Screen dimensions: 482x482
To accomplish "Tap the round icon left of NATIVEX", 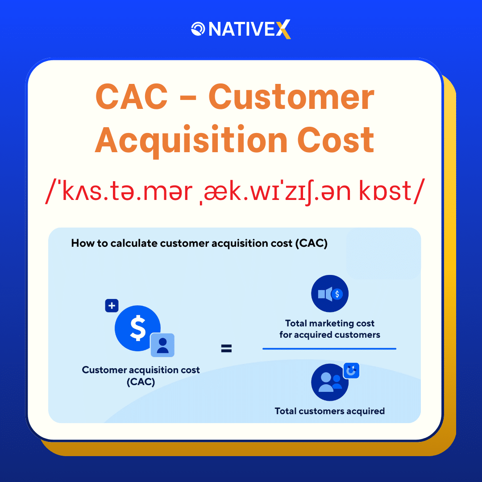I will click(198, 29).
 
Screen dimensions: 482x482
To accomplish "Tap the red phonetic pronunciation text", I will click(233, 191).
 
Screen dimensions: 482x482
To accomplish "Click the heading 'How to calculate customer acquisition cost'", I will click(199, 244).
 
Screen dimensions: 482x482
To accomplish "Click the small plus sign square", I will click(112, 306).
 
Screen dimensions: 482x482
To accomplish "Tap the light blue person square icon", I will click(162, 345).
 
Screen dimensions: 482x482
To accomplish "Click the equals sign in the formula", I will click(226, 349).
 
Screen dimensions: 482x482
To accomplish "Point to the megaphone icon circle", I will click(330, 293).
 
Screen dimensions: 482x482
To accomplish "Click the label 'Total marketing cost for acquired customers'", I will click(330, 329).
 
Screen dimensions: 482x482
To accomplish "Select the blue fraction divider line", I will click(329, 349).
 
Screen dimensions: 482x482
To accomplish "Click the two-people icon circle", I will click(329, 382).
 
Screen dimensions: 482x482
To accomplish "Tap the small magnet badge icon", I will click(351, 370).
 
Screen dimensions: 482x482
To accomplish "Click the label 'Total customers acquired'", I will click(330, 411).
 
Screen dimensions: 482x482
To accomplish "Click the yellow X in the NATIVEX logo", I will click(283, 29).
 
